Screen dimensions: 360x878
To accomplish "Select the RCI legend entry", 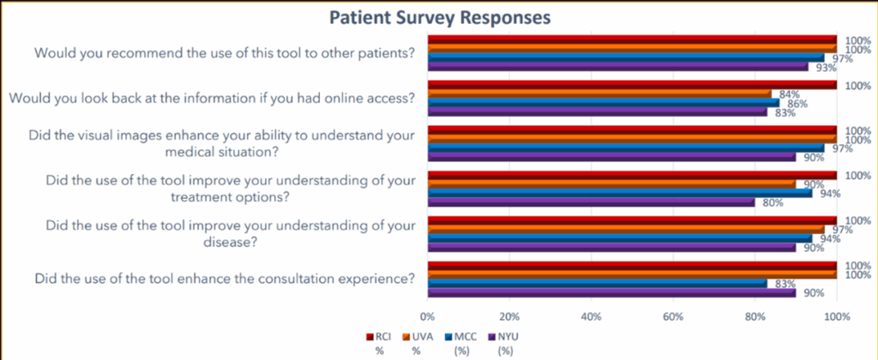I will tap(377, 337).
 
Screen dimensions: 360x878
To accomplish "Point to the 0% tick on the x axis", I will tap(428, 317).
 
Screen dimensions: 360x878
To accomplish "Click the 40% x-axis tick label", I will tap(591, 317).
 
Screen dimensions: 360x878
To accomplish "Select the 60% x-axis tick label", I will tap(673, 317).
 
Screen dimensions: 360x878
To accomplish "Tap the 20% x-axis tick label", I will tap(509, 317).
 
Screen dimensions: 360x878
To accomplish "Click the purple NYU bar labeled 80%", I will tap(591, 203).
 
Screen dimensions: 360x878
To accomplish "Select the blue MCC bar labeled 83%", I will tap(598, 283).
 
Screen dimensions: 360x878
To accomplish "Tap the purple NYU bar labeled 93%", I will tap(618, 66).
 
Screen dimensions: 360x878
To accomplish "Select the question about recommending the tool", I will tap(224, 52).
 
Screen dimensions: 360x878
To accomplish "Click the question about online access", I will tap(212, 98).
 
